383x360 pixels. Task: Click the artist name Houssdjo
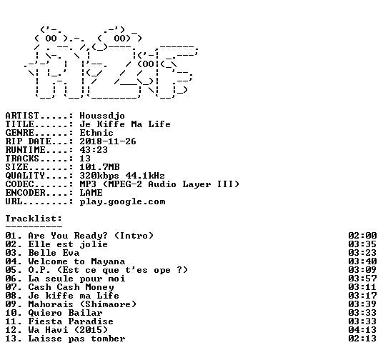pyautogui.click(x=102, y=116)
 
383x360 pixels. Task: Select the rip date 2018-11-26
pyautogui.click(x=108, y=141)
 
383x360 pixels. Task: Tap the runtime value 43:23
pyautogui.click(x=94, y=150)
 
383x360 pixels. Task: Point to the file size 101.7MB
pyautogui.click(x=99, y=167)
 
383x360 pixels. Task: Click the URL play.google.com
pyautogui.click(x=122, y=201)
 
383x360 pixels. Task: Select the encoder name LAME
pyautogui.click(x=91, y=193)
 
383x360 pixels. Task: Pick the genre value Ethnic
pyautogui.click(x=96, y=133)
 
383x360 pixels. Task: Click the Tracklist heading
pyautogui.click(x=34, y=219)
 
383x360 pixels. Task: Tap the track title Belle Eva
pyautogui.click(x=54, y=253)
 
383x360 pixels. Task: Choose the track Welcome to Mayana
pyautogui.click(x=76, y=261)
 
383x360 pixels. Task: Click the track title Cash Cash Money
pyautogui.click(x=71, y=287)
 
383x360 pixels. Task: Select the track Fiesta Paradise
pyautogui.click(x=71, y=321)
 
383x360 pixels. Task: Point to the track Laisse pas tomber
pyautogui.click(x=76, y=339)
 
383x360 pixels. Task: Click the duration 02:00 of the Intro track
pyautogui.click(x=362, y=236)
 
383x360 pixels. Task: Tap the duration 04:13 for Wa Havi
pyautogui.click(x=362, y=330)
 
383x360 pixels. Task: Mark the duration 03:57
pyautogui.click(x=362, y=279)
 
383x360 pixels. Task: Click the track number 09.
pyautogui.click(x=11, y=304)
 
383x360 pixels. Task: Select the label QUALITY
pyautogui.click(x=25, y=176)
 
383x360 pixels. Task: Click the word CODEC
pyautogui.click(x=19, y=184)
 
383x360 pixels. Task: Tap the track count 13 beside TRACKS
pyautogui.click(x=85, y=159)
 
